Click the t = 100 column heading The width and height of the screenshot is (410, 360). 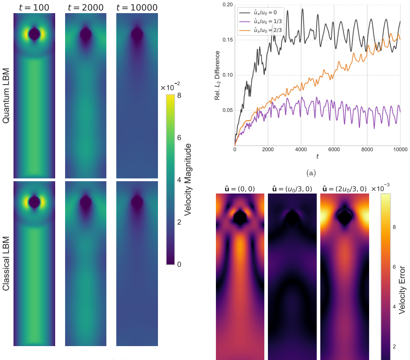pyautogui.click(x=34, y=7)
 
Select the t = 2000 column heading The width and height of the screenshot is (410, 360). pyautogui.click(x=86, y=7)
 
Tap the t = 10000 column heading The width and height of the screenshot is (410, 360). pyautogui.click(x=137, y=7)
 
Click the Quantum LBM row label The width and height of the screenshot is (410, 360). pyautogui.click(x=6, y=96)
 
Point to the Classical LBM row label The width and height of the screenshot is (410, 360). pyautogui.click(x=6, y=264)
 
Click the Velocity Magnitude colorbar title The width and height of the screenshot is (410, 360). pyautogui.click(x=188, y=180)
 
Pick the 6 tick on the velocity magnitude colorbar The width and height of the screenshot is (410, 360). pyautogui.click(x=179, y=138)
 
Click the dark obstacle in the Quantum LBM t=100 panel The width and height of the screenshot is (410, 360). pyautogui.click(x=34, y=34)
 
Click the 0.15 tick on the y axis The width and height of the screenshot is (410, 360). pyautogui.click(x=227, y=40)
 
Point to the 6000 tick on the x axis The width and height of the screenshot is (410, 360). pyautogui.click(x=334, y=149)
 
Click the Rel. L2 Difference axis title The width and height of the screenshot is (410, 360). pyautogui.click(x=217, y=75)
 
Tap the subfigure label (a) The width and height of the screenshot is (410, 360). pyautogui.click(x=311, y=173)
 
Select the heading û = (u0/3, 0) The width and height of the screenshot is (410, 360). pyautogui.click(x=292, y=189)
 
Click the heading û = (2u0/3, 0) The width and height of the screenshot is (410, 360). pyautogui.click(x=345, y=189)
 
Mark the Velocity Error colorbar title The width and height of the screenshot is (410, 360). pyautogui.click(x=402, y=290)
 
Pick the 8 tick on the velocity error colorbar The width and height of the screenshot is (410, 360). pyautogui.click(x=394, y=227)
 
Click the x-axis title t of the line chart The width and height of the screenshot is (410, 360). pyautogui.click(x=318, y=157)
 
